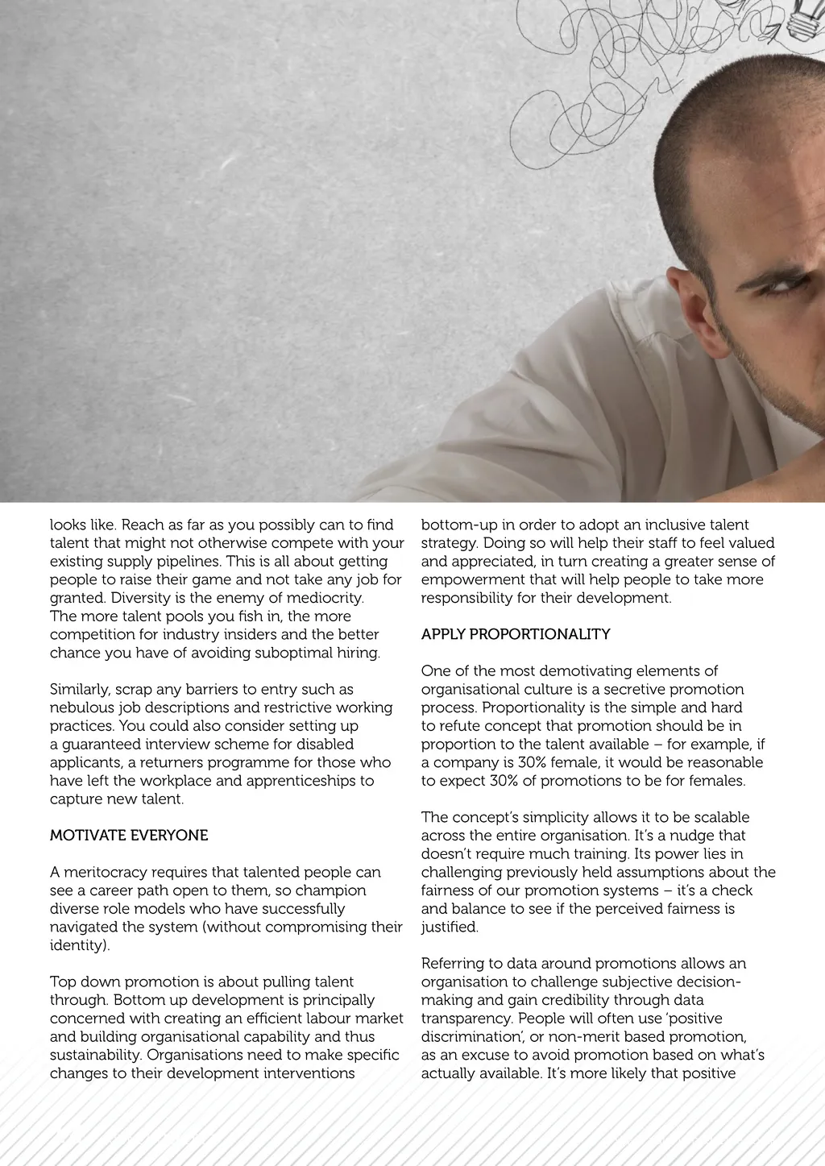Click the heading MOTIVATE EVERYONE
click(x=129, y=836)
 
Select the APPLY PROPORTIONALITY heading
click(x=516, y=634)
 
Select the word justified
click(x=449, y=927)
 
